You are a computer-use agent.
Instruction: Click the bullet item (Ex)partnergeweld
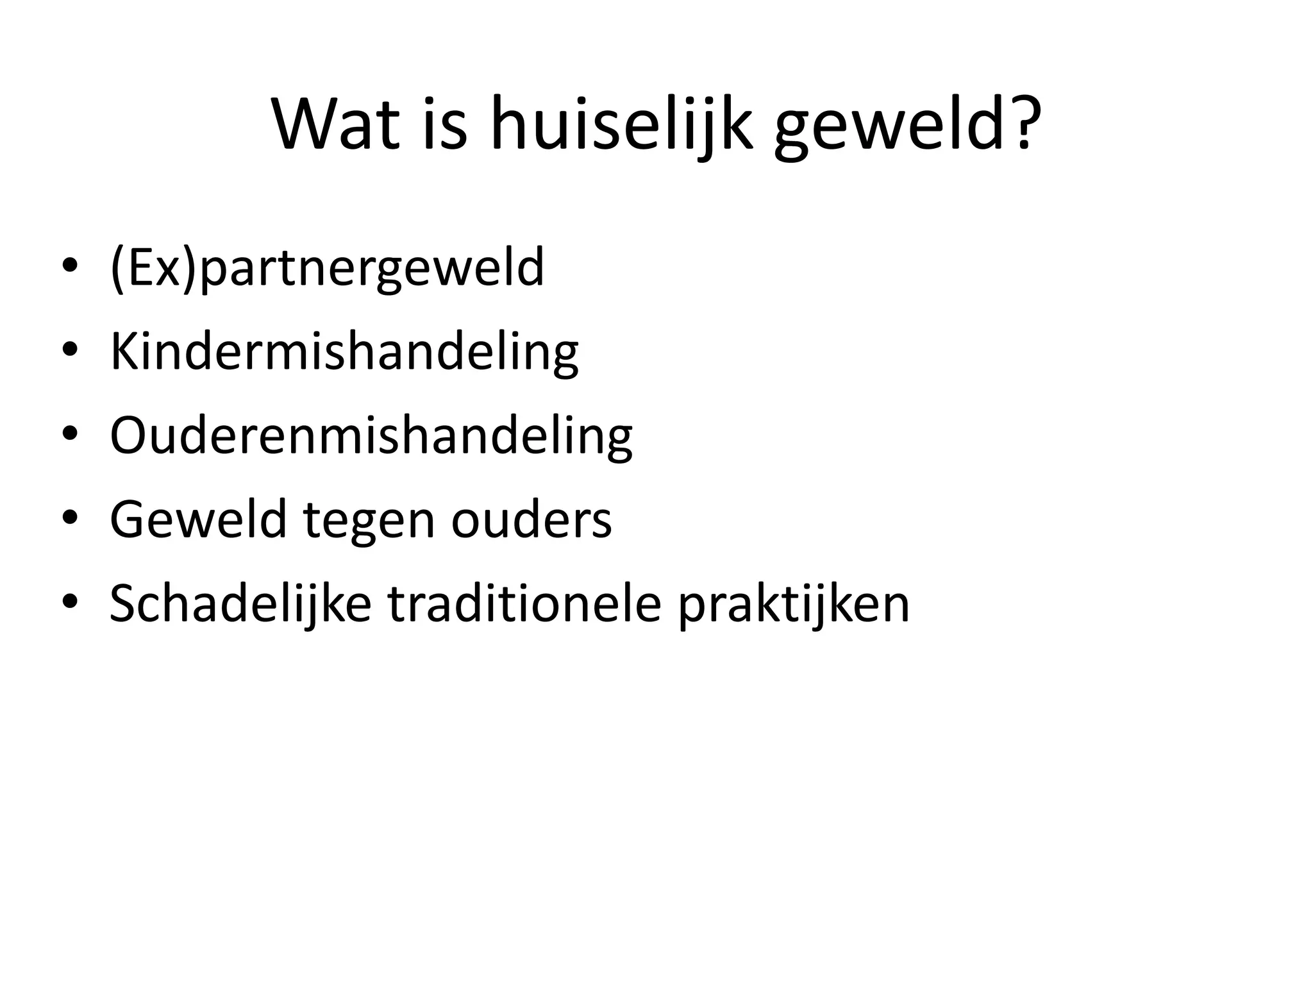pyautogui.click(x=327, y=267)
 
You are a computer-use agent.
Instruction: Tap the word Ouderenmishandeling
pyautogui.click(x=371, y=436)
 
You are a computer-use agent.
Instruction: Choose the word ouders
pyautogui.click(x=531, y=519)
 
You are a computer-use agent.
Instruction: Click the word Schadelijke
pyautogui.click(x=240, y=603)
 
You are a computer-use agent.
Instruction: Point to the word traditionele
pyautogui.click(x=524, y=603)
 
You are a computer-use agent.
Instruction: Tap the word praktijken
pyautogui.click(x=794, y=603)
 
